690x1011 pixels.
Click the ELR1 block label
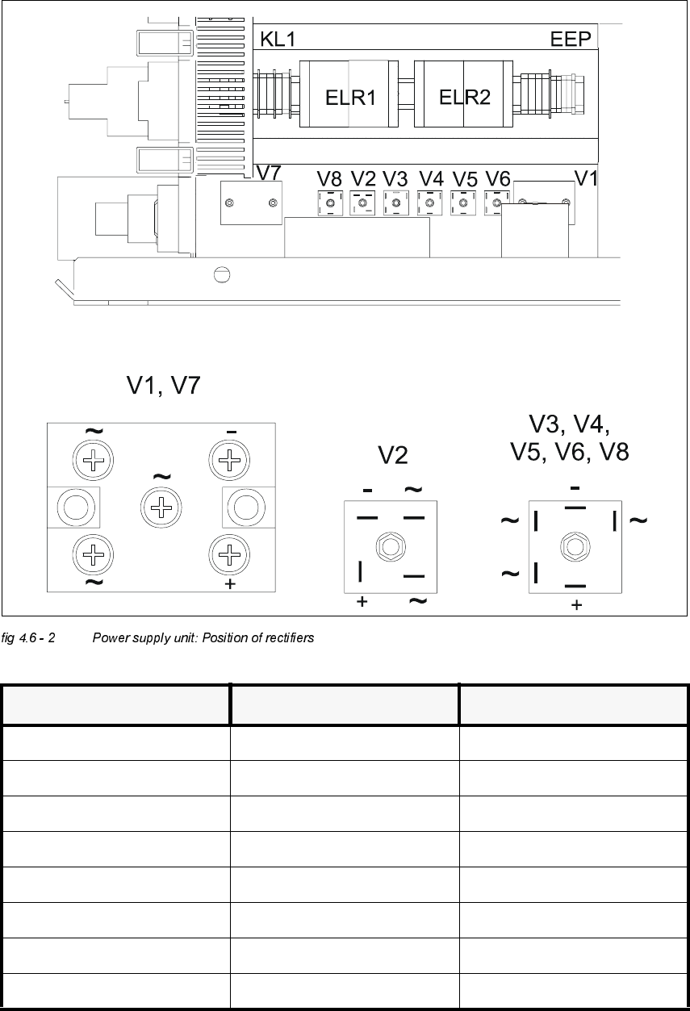[x=350, y=98]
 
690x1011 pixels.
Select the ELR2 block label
[x=465, y=98]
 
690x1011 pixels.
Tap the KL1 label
[x=279, y=40]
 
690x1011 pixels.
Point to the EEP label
[x=571, y=40]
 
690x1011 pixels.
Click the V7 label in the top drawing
[x=268, y=173]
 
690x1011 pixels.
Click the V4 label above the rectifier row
[x=432, y=179]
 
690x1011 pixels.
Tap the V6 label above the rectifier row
[x=498, y=179]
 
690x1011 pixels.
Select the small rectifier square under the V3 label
[x=395, y=203]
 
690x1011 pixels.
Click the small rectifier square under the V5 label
[x=462, y=203]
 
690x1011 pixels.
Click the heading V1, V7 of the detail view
[x=163, y=387]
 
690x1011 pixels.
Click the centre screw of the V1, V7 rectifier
[x=162, y=508]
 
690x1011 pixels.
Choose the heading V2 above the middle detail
[x=394, y=456]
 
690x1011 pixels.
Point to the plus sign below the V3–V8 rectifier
[x=575, y=605]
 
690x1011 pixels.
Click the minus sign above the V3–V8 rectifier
[x=575, y=488]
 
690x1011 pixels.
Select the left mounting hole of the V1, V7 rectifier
[x=77, y=508]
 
